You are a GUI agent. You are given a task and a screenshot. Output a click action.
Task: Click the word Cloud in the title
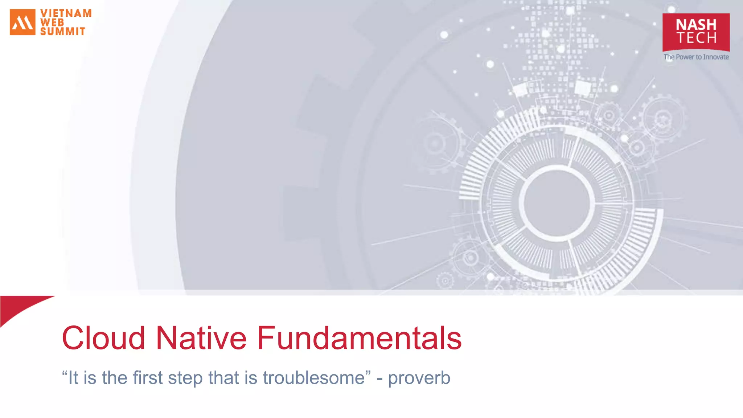[x=104, y=338]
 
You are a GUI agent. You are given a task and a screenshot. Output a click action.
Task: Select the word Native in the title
[x=201, y=338]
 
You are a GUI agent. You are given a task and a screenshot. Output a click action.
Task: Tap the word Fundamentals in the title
[x=359, y=338]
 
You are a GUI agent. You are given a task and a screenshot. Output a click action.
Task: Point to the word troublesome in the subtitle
[x=314, y=378]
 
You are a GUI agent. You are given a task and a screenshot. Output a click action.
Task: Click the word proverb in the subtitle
[x=419, y=378]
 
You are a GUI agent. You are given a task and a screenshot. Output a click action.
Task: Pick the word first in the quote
[x=147, y=378]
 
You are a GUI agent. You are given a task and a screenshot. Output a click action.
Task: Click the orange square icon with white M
[x=22, y=22]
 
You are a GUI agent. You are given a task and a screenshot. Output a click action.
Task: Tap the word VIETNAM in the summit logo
[x=66, y=13]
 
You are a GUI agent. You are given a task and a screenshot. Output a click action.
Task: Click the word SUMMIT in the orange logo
[x=63, y=32]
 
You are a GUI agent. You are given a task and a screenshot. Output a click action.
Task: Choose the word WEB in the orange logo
[x=52, y=22]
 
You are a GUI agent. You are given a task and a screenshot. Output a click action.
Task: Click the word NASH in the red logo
[x=696, y=25]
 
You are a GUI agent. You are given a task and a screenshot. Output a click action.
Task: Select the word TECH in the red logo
[x=696, y=38]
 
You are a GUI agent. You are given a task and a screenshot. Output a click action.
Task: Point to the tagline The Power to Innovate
[x=696, y=57]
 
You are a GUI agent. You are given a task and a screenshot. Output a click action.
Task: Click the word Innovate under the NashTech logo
[x=716, y=57]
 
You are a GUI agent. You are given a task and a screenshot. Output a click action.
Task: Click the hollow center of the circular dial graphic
[x=557, y=203]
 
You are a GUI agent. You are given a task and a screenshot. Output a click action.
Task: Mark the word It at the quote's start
[x=73, y=378]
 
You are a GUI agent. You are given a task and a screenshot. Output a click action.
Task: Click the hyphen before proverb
[x=379, y=379]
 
